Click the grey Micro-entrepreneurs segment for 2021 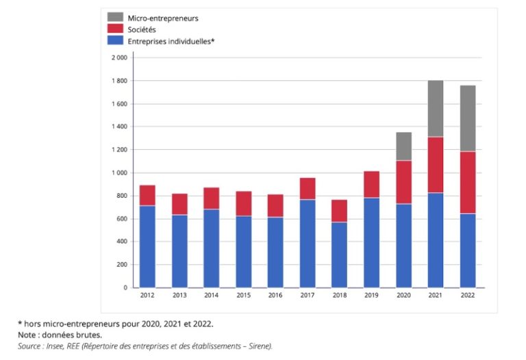pos(436,109)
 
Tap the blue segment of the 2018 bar pos(340,255)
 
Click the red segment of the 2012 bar pos(147,196)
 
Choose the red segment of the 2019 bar pos(371,185)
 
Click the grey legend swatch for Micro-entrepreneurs pos(115,17)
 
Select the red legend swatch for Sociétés pos(115,29)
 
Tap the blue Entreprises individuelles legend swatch pos(115,40)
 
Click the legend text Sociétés pos(142,29)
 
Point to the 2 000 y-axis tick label pos(118,57)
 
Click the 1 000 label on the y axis pos(118,172)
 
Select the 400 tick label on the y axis pos(121,242)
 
